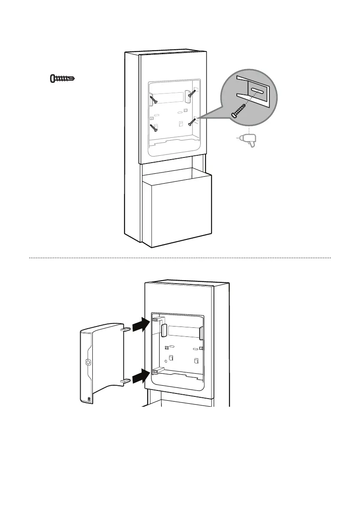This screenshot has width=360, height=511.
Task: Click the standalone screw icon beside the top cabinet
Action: pyautogui.click(x=63, y=79)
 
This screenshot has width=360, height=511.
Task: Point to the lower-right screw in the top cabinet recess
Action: pyautogui.click(x=191, y=121)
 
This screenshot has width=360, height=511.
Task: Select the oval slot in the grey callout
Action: pyautogui.click(x=257, y=91)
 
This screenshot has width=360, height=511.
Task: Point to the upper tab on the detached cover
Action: pyautogui.click(x=127, y=330)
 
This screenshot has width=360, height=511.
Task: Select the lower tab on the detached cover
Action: pyautogui.click(x=126, y=380)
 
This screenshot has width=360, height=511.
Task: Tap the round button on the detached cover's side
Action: pyautogui.click(x=88, y=362)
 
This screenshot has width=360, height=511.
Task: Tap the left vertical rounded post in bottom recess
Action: pyautogui.click(x=163, y=331)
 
